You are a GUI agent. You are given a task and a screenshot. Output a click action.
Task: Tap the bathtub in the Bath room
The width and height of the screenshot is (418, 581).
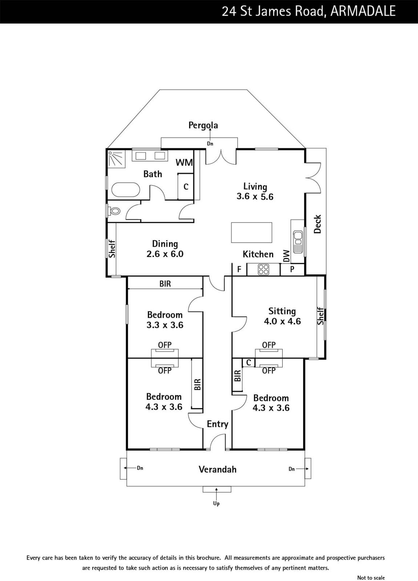(x=126, y=190)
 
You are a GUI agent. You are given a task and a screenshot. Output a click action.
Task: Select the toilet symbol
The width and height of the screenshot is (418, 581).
(x=114, y=211)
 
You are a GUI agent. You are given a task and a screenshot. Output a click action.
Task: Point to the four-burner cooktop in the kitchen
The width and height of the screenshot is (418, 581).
(x=264, y=269)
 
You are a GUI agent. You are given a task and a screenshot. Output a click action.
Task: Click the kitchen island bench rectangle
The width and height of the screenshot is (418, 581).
(x=252, y=232)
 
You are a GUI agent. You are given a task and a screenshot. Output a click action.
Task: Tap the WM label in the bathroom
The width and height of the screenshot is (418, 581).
(x=184, y=163)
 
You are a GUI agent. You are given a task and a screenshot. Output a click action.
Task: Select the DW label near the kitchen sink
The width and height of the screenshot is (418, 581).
(x=286, y=256)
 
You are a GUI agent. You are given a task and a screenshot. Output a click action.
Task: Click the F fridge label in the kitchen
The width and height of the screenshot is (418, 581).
(x=239, y=269)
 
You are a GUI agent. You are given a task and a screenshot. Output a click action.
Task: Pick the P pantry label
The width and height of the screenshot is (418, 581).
(x=292, y=269)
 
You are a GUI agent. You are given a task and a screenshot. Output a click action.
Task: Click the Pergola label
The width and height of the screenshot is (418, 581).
(x=203, y=125)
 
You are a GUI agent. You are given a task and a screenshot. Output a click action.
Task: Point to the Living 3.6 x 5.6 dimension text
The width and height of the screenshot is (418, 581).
(x=255, y=196)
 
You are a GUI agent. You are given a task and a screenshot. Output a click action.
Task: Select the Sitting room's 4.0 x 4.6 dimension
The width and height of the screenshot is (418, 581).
(x=282, y=321)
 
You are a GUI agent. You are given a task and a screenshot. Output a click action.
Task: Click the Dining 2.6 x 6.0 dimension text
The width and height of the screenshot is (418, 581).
(x=165, y=254)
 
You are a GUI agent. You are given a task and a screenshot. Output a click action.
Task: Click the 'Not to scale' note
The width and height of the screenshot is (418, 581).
(x=371, y=577)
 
